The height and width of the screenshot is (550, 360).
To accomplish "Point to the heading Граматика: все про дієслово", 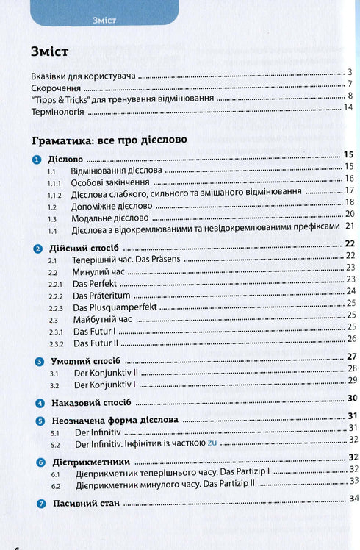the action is [110, 139].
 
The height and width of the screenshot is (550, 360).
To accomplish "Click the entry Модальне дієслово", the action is [109, 218].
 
